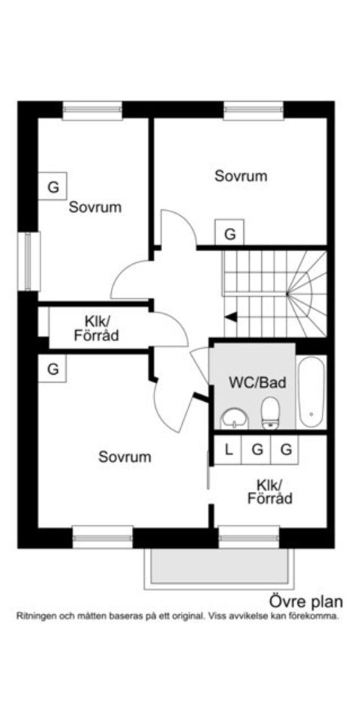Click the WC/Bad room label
point(257,382)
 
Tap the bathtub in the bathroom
point(310,393)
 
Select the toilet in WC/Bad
point(270,412)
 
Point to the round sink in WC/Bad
point(235,418)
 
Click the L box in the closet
point(229,449)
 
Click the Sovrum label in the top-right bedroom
point(241,176)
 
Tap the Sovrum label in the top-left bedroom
point(95,207)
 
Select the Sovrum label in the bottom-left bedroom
point(124,457)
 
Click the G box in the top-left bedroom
point(53,187)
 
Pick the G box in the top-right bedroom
point(230,234)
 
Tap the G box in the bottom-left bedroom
point(52,369)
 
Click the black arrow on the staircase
point(232,317)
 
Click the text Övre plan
point(305,601)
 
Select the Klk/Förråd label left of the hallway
point(96,329)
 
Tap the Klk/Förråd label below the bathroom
point(270,491)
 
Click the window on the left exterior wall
point(28,261)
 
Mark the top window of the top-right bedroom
point(253,111)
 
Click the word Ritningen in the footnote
point(37,616)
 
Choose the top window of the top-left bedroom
point(92,111)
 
